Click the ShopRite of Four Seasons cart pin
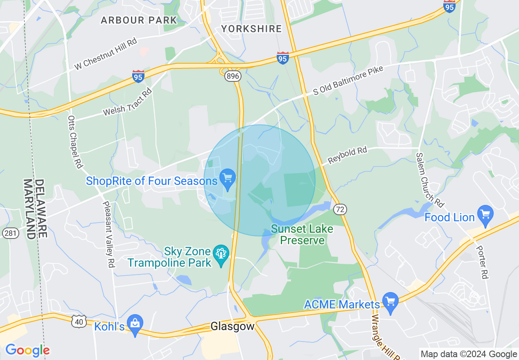pyautogui.click(x=228, y=178)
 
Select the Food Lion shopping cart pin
pyautogui.click(x=485, y=215)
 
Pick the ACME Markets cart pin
pyautogui.click(x=390, y=302)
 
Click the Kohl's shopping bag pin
pyautogui.click(x=134, y=324)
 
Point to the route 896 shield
pyautogui.click(x=232, y=76)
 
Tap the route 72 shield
pyautogui.click(x=340, y=209)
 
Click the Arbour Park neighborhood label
pyautogui.click(x=139, y=20)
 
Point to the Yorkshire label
pyautogui.click(x=251, y=29)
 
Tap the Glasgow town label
pyautogui.click(x=232, y=326)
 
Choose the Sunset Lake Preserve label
pyautogui.click(x=302, y=234)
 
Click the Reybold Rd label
pyautogui.click(x=348, y=155)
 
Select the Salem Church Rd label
pyautogui.click(x=430, y=179)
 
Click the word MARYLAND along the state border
pyautogui.click(x=29, y=209)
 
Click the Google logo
pyautogui.click(x=27, y=350)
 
